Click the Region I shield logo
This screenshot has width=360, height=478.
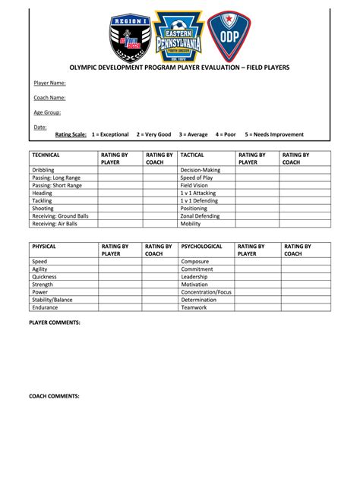[x=132, y=38]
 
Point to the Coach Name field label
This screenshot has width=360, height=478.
[x=49, y=97]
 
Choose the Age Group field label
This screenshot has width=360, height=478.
[x=48, y=112]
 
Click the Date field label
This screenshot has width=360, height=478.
[x=40, y=127]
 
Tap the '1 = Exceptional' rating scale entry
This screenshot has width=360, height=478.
[x=110, y=134]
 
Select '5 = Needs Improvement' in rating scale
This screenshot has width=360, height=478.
[x=274, y=134]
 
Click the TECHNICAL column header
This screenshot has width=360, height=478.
[x=47, y=154]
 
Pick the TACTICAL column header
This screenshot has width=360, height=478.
[x=194, y=154]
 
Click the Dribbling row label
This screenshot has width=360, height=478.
[x=43, y=170]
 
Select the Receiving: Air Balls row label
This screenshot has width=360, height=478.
[x=55, y=224]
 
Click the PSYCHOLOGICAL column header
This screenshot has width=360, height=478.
[x=201, y=247]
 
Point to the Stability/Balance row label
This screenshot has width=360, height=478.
[x=53, y=300]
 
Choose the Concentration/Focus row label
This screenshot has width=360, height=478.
[x=206, y=291]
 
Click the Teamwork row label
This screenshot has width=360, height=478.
[x=194, y=307]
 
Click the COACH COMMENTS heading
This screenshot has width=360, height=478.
[x=54, y=396]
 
